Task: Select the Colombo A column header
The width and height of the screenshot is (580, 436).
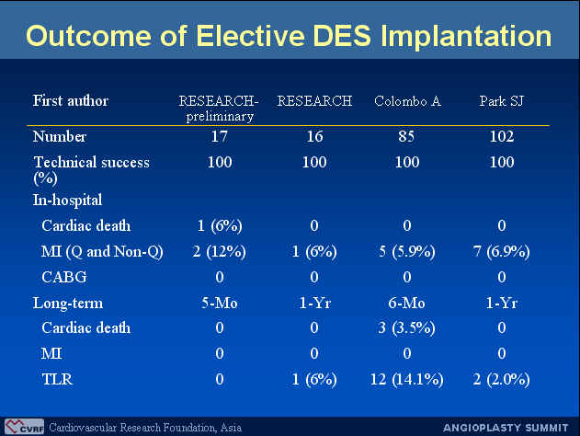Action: (x=407, y=101)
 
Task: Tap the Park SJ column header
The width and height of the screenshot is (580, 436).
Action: (x=502, y=101)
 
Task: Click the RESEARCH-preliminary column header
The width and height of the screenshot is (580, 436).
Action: (x=219, y=108)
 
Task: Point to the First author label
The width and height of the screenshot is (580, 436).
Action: (x=71, y=100)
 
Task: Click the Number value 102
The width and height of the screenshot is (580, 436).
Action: (x=502, y=136)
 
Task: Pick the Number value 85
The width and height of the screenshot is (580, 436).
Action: (x=406, y=136)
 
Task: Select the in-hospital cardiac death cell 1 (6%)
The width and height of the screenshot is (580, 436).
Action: (x=220, y=225)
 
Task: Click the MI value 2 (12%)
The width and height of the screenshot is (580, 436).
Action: (x=220, y=252)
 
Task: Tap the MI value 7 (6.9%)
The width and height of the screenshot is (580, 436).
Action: (x=501, y=252)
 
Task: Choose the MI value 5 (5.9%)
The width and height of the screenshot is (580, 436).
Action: (x=407, y=252)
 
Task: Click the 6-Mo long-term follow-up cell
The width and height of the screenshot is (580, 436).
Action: (x=406, y=304)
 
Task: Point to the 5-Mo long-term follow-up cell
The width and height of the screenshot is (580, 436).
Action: (x=220, y=304)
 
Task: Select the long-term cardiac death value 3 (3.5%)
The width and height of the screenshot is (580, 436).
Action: (x=406, y=328)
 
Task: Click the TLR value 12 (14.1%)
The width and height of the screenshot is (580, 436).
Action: (x=406, y=379)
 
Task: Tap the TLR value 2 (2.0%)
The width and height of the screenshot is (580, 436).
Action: (x=501, y=379)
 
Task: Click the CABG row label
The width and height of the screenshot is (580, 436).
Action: (x=64, y=277)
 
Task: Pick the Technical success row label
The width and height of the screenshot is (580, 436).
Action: (x=91, y=170)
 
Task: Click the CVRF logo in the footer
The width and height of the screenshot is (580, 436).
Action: (x=25, y=427)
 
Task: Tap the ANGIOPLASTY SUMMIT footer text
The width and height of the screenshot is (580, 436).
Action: (x=506, y=428)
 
